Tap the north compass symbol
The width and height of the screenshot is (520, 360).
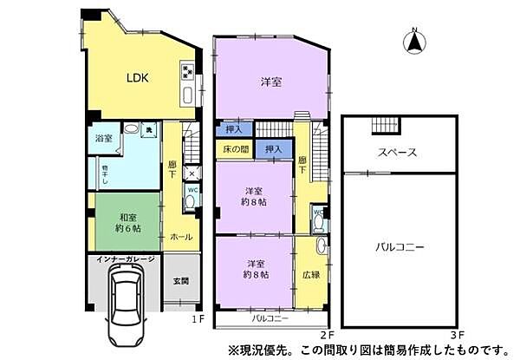tap(414, 40)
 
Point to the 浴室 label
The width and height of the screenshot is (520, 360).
tap(103, 136)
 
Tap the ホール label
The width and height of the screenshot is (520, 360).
tap(181, 237)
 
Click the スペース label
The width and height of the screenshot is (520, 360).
tap(398, 153)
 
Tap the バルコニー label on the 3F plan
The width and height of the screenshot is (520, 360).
tap(400, 247)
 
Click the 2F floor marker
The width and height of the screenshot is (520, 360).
tap(325, 331)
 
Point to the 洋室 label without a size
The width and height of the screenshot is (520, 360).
tap(270, 82)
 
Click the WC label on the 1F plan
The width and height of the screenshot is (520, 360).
tap(192, 190)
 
